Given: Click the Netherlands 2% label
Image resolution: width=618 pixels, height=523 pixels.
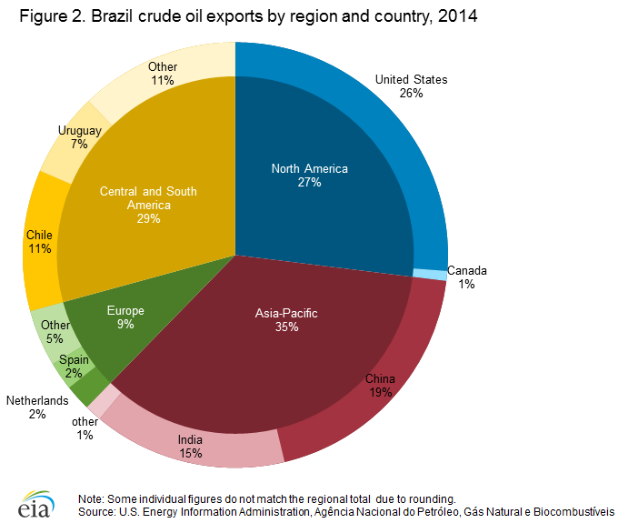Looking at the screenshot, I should pos(37,407).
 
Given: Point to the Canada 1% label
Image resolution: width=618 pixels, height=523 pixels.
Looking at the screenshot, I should pos(466,277).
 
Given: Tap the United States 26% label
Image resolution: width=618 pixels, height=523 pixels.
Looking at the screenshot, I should pos(411,85).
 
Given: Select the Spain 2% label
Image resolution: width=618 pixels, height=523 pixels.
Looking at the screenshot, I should pos(75,367).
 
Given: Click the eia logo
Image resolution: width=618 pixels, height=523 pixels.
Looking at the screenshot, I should pos(34,504).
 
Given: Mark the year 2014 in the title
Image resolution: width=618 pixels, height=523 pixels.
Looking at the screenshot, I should pos(453,17).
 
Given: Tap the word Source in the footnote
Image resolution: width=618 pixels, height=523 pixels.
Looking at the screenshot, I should pos(96,511).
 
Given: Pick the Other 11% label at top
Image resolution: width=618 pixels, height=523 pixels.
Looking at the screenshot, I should pos(163,74).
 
